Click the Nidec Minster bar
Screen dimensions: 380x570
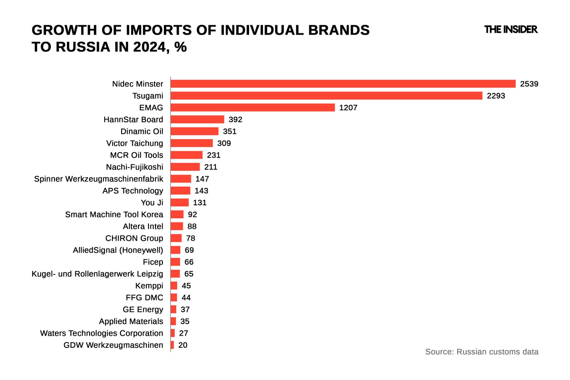tap(343, 84)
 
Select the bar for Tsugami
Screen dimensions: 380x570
tap(326, 96)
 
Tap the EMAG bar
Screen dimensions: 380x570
tap(252, 108)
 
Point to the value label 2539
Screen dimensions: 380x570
tap(529, 84)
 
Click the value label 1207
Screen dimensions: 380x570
tap(348, 108)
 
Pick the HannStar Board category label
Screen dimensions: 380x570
tap(133, 119)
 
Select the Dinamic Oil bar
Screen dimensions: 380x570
tap(194, 131)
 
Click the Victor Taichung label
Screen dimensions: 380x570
tap(135, 143)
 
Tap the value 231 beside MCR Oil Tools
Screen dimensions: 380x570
tap(214, 155)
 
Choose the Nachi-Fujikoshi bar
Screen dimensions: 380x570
tap(185, 167)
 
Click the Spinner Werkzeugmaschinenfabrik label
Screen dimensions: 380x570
tap(99, 179)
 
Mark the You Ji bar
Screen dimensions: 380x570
tap(180, 202)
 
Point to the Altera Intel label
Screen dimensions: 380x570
tap(143, 226)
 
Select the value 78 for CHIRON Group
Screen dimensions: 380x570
tap(191, 238)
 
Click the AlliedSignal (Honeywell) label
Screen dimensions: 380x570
tap(118, 250)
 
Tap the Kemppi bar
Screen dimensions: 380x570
tap(174, 286)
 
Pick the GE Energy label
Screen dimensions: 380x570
tap(143, 309)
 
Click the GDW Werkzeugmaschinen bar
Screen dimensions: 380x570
tap(172, 345)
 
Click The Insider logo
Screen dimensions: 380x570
tap(511, 30)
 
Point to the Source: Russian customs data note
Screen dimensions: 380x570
tap(482, 352)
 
